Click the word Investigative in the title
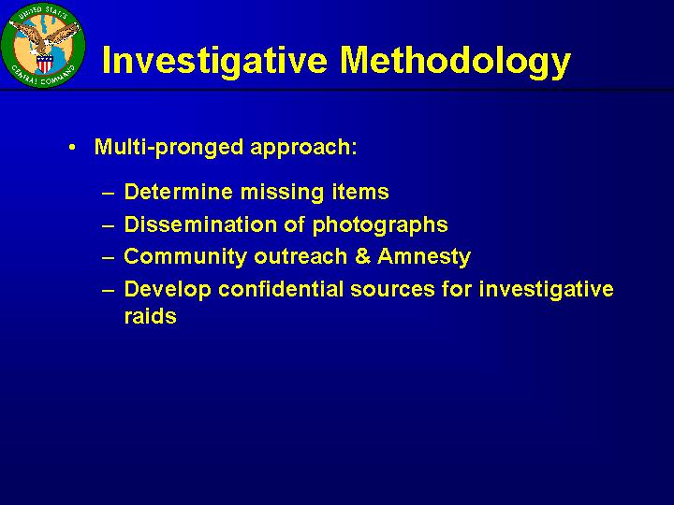point(215,61)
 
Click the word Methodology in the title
point(455,61)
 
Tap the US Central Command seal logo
point(43,45)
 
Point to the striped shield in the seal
point(44,64)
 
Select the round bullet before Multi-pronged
point(72,148)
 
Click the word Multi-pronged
point(169,148)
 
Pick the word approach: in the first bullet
point(303,148)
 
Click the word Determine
point(178,192)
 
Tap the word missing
point(282,193)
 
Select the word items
point(360,192)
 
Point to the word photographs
point(380,225)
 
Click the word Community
point(185,257)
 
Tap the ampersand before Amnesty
point(363,256)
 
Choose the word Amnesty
point(424,257)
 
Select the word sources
point(392,290)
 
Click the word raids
point(150,316)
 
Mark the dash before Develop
point(109,290)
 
